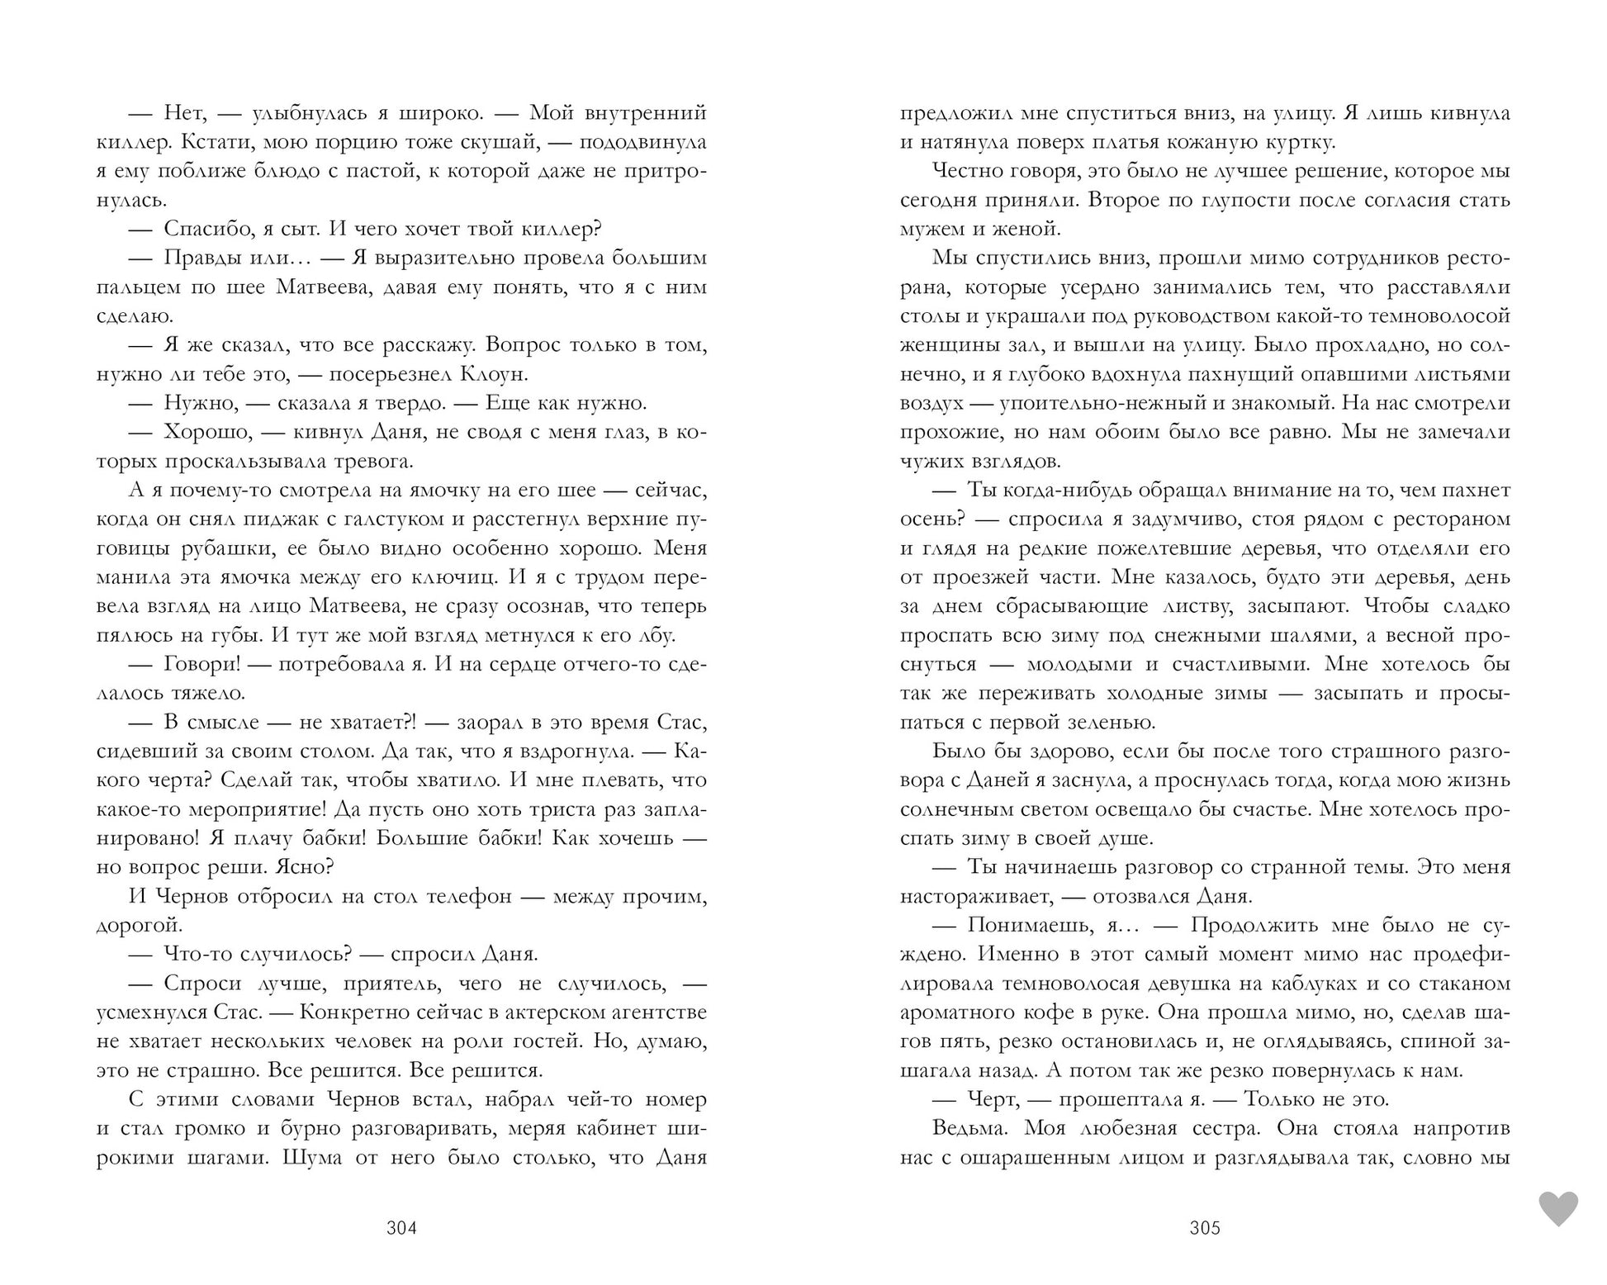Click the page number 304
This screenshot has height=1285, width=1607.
401,1227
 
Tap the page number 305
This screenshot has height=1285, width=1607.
1205,1227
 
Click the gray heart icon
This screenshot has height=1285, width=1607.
1557,1209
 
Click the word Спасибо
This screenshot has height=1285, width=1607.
201,229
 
